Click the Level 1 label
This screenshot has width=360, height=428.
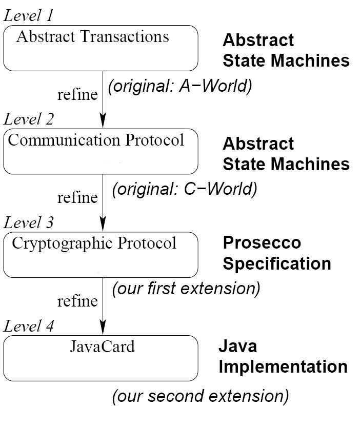[28, 15]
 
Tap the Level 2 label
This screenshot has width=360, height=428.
[28, 119]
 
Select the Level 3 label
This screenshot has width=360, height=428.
[28, 222]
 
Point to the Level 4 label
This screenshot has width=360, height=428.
[28, 326]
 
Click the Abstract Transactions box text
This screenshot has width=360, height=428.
[93, 36]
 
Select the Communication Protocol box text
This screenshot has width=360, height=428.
[96, 140]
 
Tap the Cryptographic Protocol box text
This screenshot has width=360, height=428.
[94, 243]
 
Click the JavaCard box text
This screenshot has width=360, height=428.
[103, 347]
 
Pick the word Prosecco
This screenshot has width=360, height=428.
[262, 242]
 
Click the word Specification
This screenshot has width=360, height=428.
[277, 263]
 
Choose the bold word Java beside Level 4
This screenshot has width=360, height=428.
[237, 346]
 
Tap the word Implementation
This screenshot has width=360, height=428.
[283, 366]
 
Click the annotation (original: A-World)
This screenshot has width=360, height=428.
[180, 86]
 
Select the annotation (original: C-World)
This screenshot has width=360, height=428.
[185, 189]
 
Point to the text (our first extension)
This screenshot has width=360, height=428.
[186, 289]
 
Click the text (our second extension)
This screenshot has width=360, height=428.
[200, 396]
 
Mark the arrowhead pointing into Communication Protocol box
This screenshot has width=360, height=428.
[103, 120]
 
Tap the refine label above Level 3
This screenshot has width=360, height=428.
[77, 198]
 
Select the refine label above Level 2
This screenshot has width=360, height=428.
[77, 94]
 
